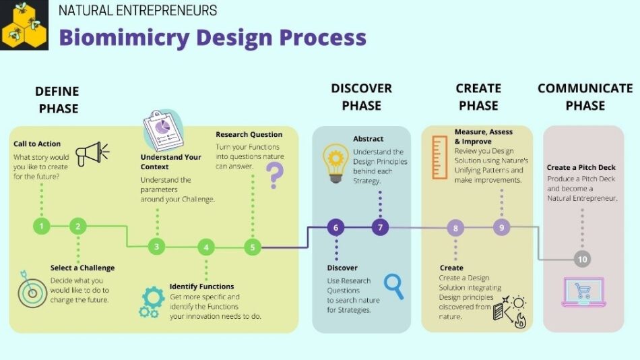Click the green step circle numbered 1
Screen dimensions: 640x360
41,226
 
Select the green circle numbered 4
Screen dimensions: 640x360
205,247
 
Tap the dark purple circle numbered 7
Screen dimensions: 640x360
380,227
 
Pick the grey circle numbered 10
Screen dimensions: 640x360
582,259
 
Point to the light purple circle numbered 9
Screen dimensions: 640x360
502,227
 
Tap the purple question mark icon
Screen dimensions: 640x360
275,175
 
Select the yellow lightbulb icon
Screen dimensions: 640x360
335,163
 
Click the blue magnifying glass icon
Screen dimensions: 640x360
394,286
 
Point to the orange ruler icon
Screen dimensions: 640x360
440,158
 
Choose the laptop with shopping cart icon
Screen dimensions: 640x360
583,292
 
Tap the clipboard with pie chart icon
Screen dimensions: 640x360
163,130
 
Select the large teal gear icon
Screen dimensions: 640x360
154,297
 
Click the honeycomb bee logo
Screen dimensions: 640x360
24,25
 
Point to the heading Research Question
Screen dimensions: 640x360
249,134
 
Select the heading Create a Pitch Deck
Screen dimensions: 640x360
581,168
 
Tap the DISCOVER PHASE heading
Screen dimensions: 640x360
361,97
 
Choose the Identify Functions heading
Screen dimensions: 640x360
201,287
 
